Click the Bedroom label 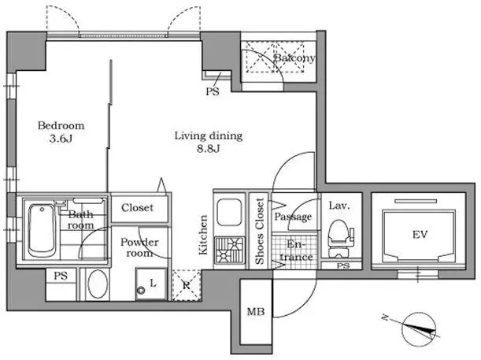point(61,125)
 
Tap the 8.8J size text point(209,149)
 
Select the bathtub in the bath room point(42,230)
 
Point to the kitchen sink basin point(229,213)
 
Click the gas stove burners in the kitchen point(230,251)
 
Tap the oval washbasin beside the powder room point(98,284)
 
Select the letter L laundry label point(153,283)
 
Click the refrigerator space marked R point(187,285)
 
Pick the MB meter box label point(256,312)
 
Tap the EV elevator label point(420,235)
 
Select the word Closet point(137,208)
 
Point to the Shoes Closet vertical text point(260,231)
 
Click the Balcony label point(294,58)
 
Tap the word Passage point(293,217)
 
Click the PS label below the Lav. point(343,265)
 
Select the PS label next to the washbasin point(61,276)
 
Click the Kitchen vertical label point(203,235)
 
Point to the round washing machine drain point(142,290)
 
